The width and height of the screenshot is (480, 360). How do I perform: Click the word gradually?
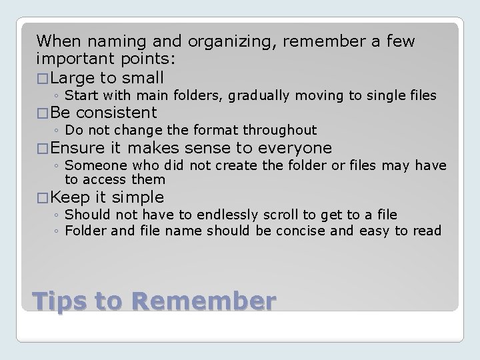pos(259,96)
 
